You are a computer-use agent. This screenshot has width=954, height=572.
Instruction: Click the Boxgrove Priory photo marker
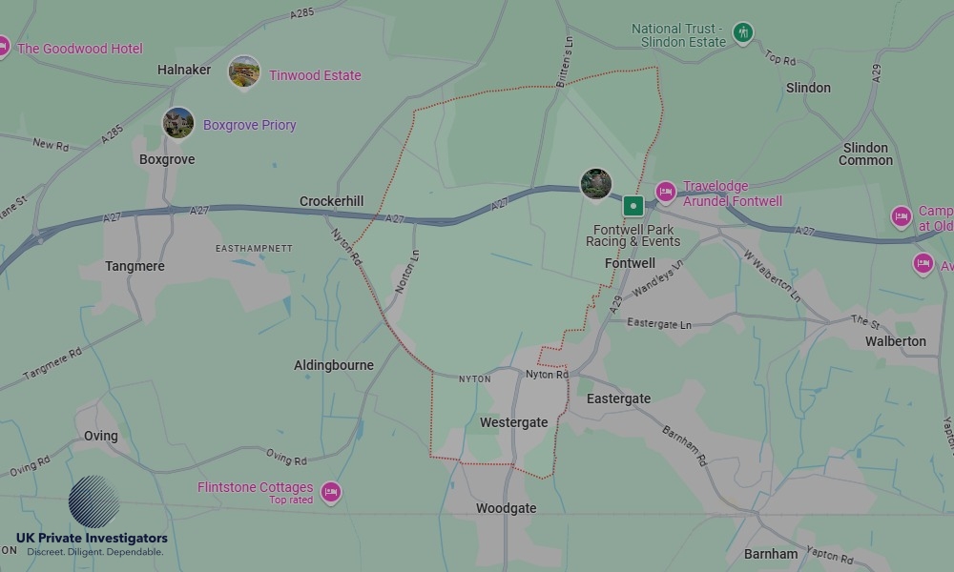tap(178, 122)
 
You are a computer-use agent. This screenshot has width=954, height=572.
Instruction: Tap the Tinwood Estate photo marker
tap(244, 72)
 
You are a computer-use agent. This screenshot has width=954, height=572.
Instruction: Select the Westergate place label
tap(513, 422)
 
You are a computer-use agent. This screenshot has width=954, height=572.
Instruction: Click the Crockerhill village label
tap(331, 201)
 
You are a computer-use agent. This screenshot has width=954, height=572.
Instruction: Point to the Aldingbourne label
tap(334, 365)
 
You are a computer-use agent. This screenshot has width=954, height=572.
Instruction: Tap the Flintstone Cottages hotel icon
tap(330, 492)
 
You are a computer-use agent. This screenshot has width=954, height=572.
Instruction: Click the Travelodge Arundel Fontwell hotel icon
tap(665, 193)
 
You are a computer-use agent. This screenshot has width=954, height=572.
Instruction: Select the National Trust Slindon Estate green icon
tap(743, 34)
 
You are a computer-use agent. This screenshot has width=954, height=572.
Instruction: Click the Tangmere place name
tap(135, 266)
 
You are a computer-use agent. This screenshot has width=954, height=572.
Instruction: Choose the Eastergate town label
tap(618, 398)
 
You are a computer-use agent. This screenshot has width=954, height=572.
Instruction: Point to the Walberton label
tap(895, 340)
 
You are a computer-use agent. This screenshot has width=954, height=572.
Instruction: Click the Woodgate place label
tap(506, 508)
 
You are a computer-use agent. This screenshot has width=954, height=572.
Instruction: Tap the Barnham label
tap(771, 554)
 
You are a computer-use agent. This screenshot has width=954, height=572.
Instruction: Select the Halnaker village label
tap(184, 70)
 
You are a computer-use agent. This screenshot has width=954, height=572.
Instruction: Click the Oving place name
tap(100, 436)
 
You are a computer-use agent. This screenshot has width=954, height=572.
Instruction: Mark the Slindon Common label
tap(865, 153)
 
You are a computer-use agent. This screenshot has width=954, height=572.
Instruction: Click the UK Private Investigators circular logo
tap(93, 501)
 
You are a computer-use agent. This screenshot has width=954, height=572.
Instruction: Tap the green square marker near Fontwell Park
tap(633, 205)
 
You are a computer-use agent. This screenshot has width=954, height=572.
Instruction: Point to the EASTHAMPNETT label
tap(254, 248)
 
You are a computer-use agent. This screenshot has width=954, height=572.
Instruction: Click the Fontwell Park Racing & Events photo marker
tap(596, 184)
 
